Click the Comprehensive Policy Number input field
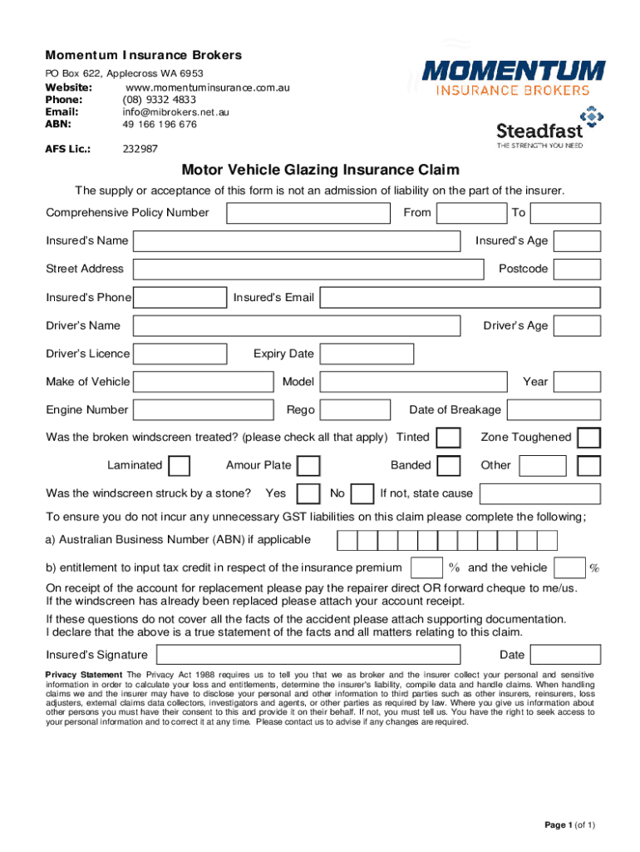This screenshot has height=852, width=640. point(308,213)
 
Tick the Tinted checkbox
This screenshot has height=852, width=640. point(449,438)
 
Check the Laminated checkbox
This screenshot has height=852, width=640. point(179,466)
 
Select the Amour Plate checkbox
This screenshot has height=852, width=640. point(308,466)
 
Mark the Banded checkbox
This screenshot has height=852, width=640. point(449,466)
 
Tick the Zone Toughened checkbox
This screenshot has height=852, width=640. point(588,438)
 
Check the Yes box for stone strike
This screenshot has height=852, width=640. point(308,494)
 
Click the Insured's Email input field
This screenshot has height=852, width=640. point(460,298)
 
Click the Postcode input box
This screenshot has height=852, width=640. point(578,270)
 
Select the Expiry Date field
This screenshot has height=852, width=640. point(367,354)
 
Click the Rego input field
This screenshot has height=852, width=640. point(355,410)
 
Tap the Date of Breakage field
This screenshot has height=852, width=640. point(554,410)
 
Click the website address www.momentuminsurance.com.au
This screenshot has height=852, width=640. point(207,87)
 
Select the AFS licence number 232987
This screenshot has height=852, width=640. point(140,149)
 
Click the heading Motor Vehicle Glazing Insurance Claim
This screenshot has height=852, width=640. point(321,171)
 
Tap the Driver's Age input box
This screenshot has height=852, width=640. point(578,326)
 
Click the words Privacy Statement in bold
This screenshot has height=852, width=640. point(84,674)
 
